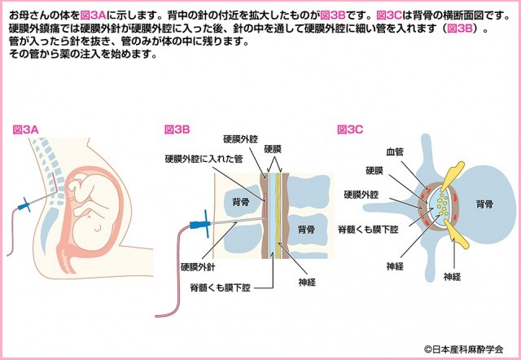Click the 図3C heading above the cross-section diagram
pos(350,130)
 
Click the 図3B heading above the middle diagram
pos(177,130)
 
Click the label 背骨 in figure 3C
pos(484,204)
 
